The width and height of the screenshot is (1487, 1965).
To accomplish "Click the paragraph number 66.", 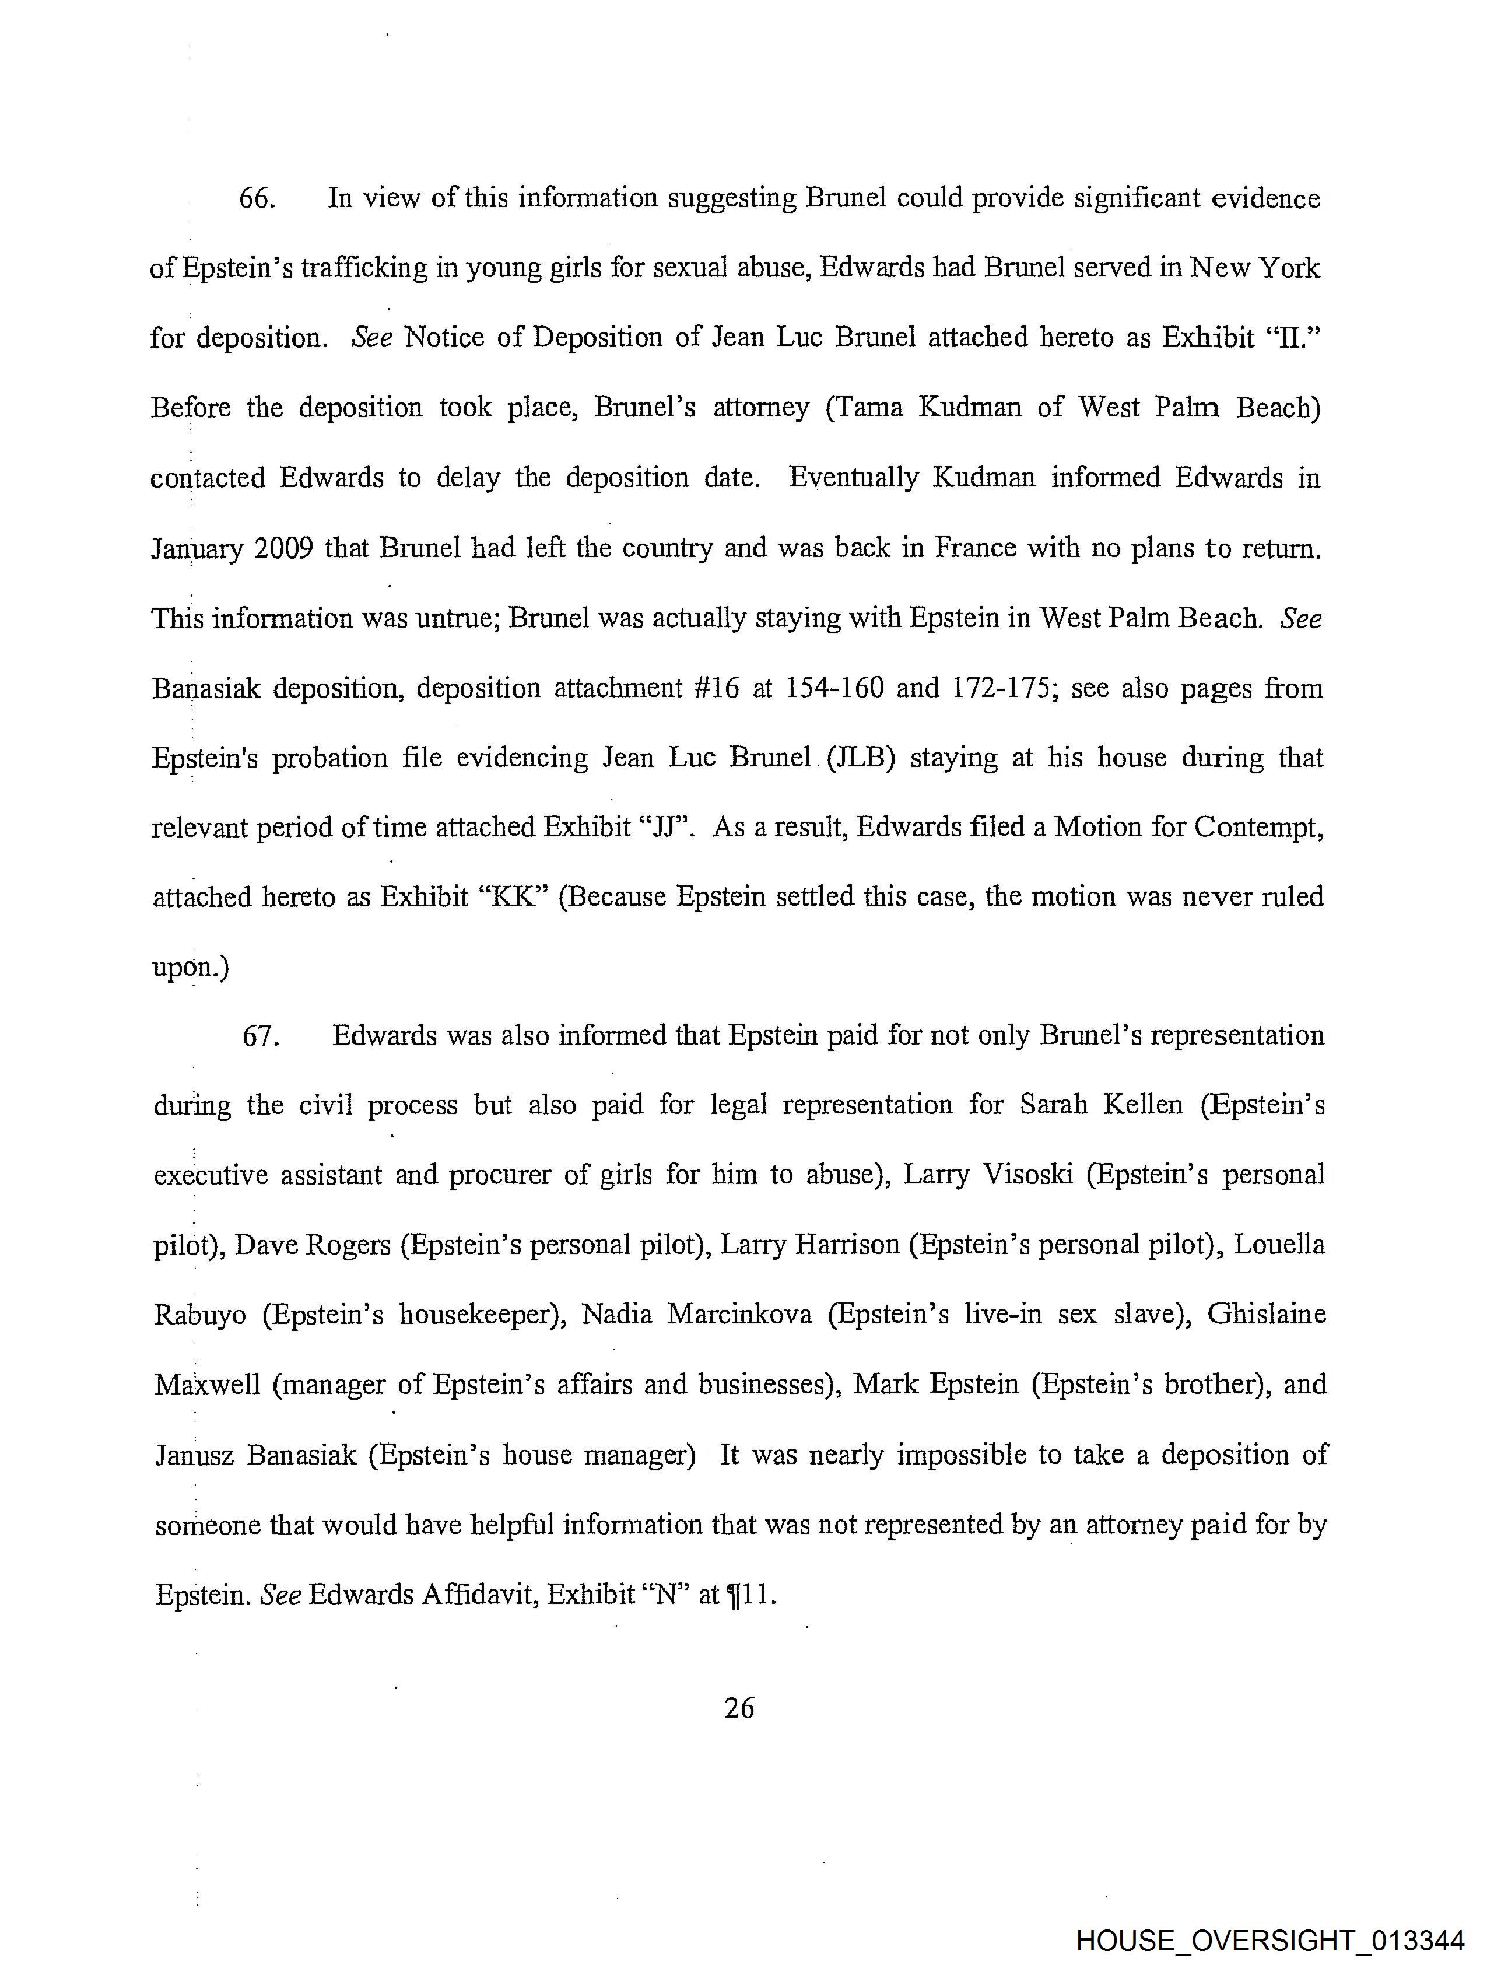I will tap(258, 198).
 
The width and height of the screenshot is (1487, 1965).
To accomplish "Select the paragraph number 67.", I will tap(261, 1036).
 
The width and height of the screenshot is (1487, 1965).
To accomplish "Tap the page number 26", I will tap(739, 1707).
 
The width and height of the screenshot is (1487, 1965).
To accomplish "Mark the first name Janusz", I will tap(194, 1455).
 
